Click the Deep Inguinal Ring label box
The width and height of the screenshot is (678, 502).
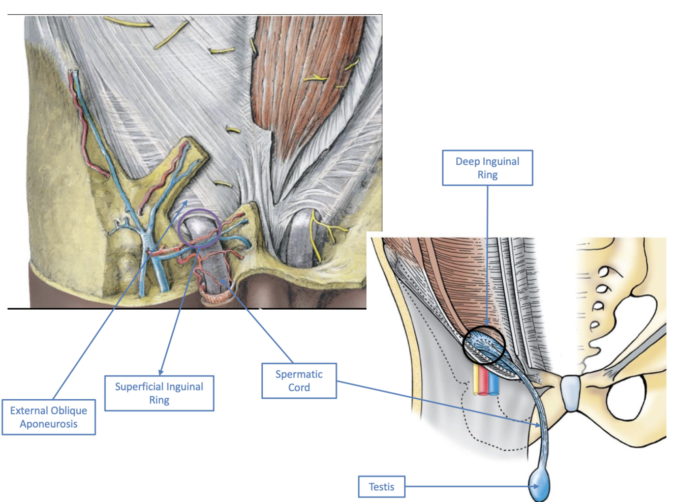487,168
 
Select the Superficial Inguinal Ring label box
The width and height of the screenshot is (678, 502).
159,393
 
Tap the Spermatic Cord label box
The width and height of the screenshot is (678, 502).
299,380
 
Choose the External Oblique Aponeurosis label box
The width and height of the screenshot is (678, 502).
49,417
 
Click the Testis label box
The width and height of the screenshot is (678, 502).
381,487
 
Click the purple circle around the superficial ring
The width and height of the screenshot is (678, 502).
199,211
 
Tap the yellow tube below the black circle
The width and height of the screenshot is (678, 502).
476,380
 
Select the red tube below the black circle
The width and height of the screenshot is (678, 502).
484,380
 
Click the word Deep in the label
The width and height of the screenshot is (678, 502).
467,161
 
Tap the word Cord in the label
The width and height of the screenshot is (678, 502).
299,388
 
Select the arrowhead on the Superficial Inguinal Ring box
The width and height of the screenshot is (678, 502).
161,372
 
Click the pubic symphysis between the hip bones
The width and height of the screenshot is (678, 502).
571,393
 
